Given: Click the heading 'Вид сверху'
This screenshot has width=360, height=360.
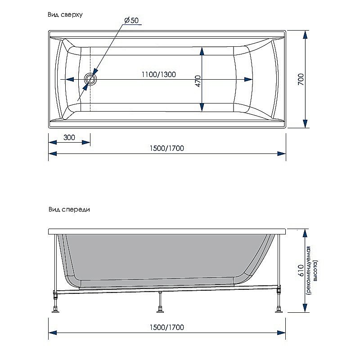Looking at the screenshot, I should point(65,15).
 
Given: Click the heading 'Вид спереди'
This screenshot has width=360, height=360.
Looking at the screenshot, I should point(68,209).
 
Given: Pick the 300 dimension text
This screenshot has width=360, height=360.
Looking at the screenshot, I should point(69,137).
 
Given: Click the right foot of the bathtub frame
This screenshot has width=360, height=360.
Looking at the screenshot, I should point(279,310).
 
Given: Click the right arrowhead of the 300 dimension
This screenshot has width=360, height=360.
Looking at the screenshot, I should point(86,142).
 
